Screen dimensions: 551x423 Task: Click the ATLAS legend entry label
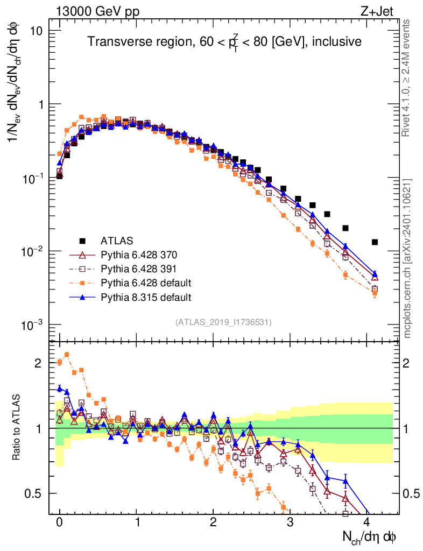[x=117, y=240]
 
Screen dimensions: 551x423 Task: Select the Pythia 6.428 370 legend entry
[x=138, y=254]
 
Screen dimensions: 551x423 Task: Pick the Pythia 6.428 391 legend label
[x=138, y=268]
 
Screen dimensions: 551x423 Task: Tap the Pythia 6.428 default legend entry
[x=146, y=282]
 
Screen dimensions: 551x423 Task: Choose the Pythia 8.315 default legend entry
[x=146, y=296]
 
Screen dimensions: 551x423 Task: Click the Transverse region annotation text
[x=224, y=41]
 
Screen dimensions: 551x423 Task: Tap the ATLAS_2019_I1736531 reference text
[x=223, y=322]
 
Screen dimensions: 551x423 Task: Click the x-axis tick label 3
[x=290, y=522]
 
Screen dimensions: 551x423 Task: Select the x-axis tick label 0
[x=59, y=522]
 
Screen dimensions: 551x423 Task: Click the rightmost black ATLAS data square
[x=375, y=242]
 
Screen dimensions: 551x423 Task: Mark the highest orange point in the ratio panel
[x=67, y=355]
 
